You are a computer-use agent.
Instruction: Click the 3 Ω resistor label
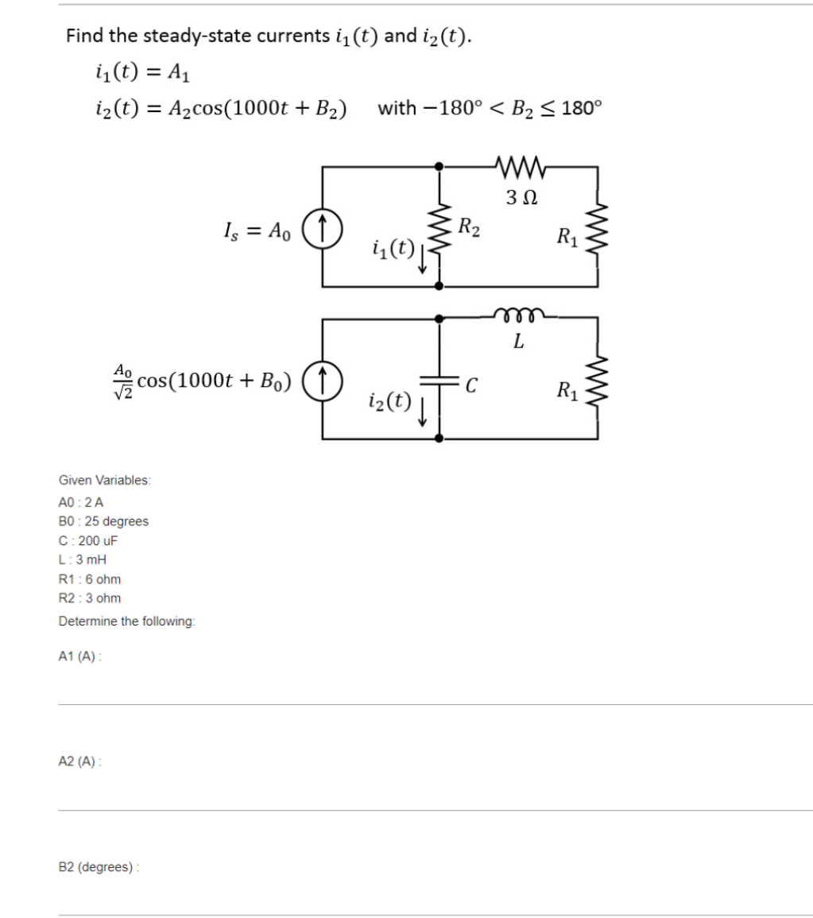[518, 196]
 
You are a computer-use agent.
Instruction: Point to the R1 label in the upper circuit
[567, 236]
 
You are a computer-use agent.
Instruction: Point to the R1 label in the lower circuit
[567, 390]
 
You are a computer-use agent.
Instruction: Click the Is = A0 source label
[257, 230]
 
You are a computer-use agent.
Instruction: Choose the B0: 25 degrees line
[103, 521]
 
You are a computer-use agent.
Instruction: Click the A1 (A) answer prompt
[80, 657]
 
